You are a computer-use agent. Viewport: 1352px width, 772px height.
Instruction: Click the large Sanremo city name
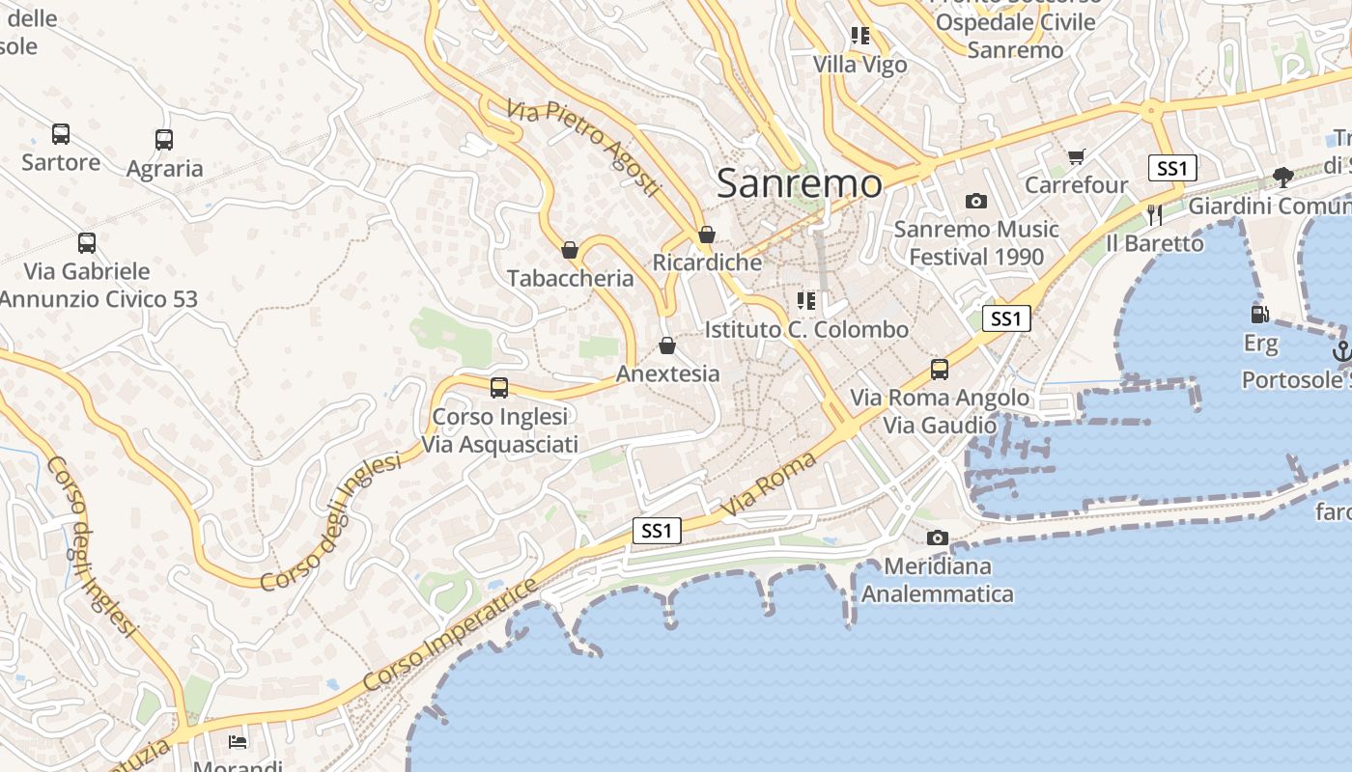pyautogui.click(x=800, y=182)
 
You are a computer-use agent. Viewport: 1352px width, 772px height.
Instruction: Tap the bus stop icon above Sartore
pyautogui.click(x=61, y=134)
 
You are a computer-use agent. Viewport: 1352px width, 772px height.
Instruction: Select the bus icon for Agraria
pyautogui.click(x=164, y=140)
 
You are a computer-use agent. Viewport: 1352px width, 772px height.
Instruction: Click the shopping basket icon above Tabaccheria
pyautogui.click(x=570, y=250)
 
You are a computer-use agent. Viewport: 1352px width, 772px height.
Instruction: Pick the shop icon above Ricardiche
pyautogui.click(x=707, y=234)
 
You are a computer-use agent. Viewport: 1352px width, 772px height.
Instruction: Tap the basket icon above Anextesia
pyautogui.click(x=667, y=345)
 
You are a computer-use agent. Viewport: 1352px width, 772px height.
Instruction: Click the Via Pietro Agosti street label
pyautogui.click(x=584, y=147)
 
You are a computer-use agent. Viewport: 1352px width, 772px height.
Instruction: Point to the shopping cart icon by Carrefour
pyautogui.click(x=1077, y=156)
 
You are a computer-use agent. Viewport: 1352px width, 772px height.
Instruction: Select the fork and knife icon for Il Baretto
pyautogui.click(x=1154, y=214)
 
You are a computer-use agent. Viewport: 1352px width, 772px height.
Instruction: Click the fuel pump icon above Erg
pyautogui.click(x=1259, y=314)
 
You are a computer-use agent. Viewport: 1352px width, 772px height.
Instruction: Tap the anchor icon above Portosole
pyautogui.click(x=1341, y=351)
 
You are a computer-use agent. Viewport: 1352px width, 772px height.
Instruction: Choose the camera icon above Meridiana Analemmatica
pyautogui.click(x=937, y=538)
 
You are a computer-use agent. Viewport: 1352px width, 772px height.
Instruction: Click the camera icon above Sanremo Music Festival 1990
pyautogui.click(x=976, y=201)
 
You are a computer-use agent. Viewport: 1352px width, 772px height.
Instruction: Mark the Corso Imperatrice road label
pyautogui.click(x=449, y=635)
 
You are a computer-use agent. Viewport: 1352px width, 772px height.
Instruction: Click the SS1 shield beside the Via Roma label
pyautogui.click(x=657, y=530)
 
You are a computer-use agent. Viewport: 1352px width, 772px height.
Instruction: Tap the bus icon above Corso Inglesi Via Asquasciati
pyautogui.click(x=499, y=388)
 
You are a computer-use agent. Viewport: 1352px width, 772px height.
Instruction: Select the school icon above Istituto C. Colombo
pyautogui.click(x=806, y=301)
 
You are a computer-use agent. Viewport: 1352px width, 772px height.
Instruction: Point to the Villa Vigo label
pyautogui.click(x=860, y=65)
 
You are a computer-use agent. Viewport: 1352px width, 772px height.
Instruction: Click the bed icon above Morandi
pyautogui.click(x=238, y=741)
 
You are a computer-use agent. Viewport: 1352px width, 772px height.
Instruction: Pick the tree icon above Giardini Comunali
pyautogui.click(x=1283, y=177)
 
